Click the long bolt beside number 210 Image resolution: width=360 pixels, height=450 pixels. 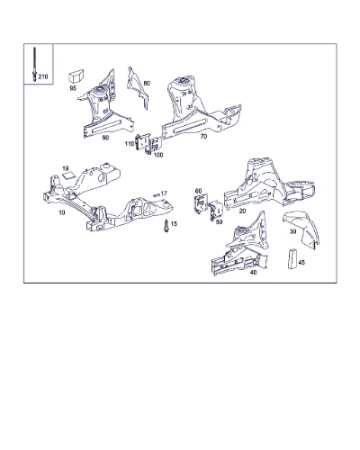coord(34,64)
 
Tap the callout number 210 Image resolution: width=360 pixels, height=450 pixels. coord(43,76)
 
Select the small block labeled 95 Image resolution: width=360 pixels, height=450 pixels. coord(76,76)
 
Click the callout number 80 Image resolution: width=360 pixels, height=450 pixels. coord(147,83)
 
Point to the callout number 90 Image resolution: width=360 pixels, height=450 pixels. coord(105,138)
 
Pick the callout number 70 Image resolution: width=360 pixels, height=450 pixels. coord(203,137)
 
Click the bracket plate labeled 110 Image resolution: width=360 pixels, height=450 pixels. coord(142,143)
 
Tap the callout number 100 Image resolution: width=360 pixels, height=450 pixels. coord(158,155)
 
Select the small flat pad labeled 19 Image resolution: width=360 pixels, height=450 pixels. coord(67,175)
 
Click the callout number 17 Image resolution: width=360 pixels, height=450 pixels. coord(164,193)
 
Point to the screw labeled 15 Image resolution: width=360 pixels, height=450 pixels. coord(166,226)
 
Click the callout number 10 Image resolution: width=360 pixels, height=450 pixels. coord(62,212)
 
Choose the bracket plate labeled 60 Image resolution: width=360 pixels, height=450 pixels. coord(201,204)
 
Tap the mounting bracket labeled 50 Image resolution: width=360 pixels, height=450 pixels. coord(215,211)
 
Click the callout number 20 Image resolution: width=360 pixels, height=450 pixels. coord(242,211)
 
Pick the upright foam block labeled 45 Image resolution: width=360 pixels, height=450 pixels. coord(292,258)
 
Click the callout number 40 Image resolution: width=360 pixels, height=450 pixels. coord(253,273)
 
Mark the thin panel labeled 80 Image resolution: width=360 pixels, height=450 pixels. coord(137,87)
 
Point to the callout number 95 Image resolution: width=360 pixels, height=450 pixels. coord(73,88)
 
